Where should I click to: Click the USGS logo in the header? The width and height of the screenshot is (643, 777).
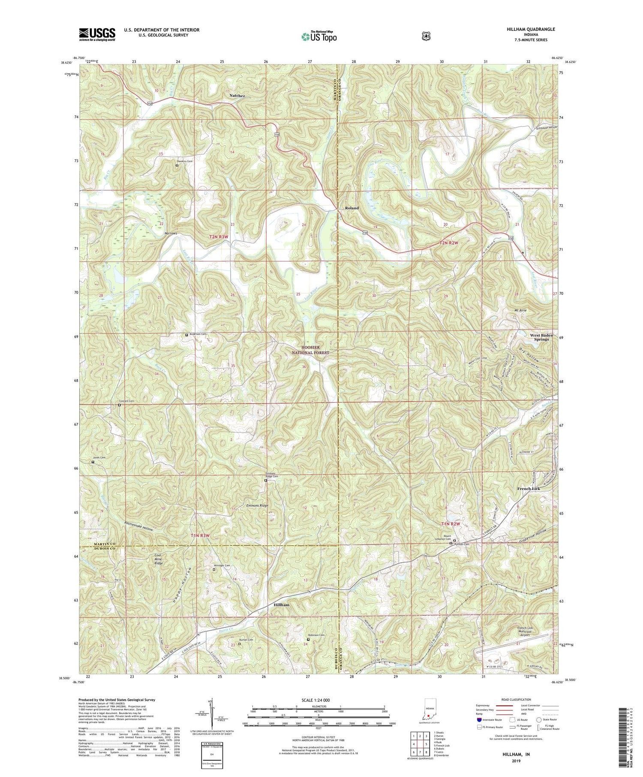point(97,34)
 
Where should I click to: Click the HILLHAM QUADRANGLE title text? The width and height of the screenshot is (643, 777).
point(532,29)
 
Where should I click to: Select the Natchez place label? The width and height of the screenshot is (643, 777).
point(237,96)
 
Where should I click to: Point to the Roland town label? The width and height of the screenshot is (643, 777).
point(352,208)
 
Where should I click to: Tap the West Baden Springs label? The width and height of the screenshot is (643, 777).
point(541,337)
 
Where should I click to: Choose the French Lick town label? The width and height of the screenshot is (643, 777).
point(528,489)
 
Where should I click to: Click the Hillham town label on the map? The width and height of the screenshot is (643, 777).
point(281,605)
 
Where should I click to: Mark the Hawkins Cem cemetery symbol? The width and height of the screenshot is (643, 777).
point(177,165)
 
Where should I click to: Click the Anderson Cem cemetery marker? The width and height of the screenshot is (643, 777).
point(186,335)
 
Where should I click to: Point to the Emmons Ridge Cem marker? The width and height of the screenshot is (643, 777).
point(265,480)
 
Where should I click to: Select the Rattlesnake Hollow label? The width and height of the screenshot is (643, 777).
point(138,527)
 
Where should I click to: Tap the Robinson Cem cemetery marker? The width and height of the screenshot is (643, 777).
point(308,640)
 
